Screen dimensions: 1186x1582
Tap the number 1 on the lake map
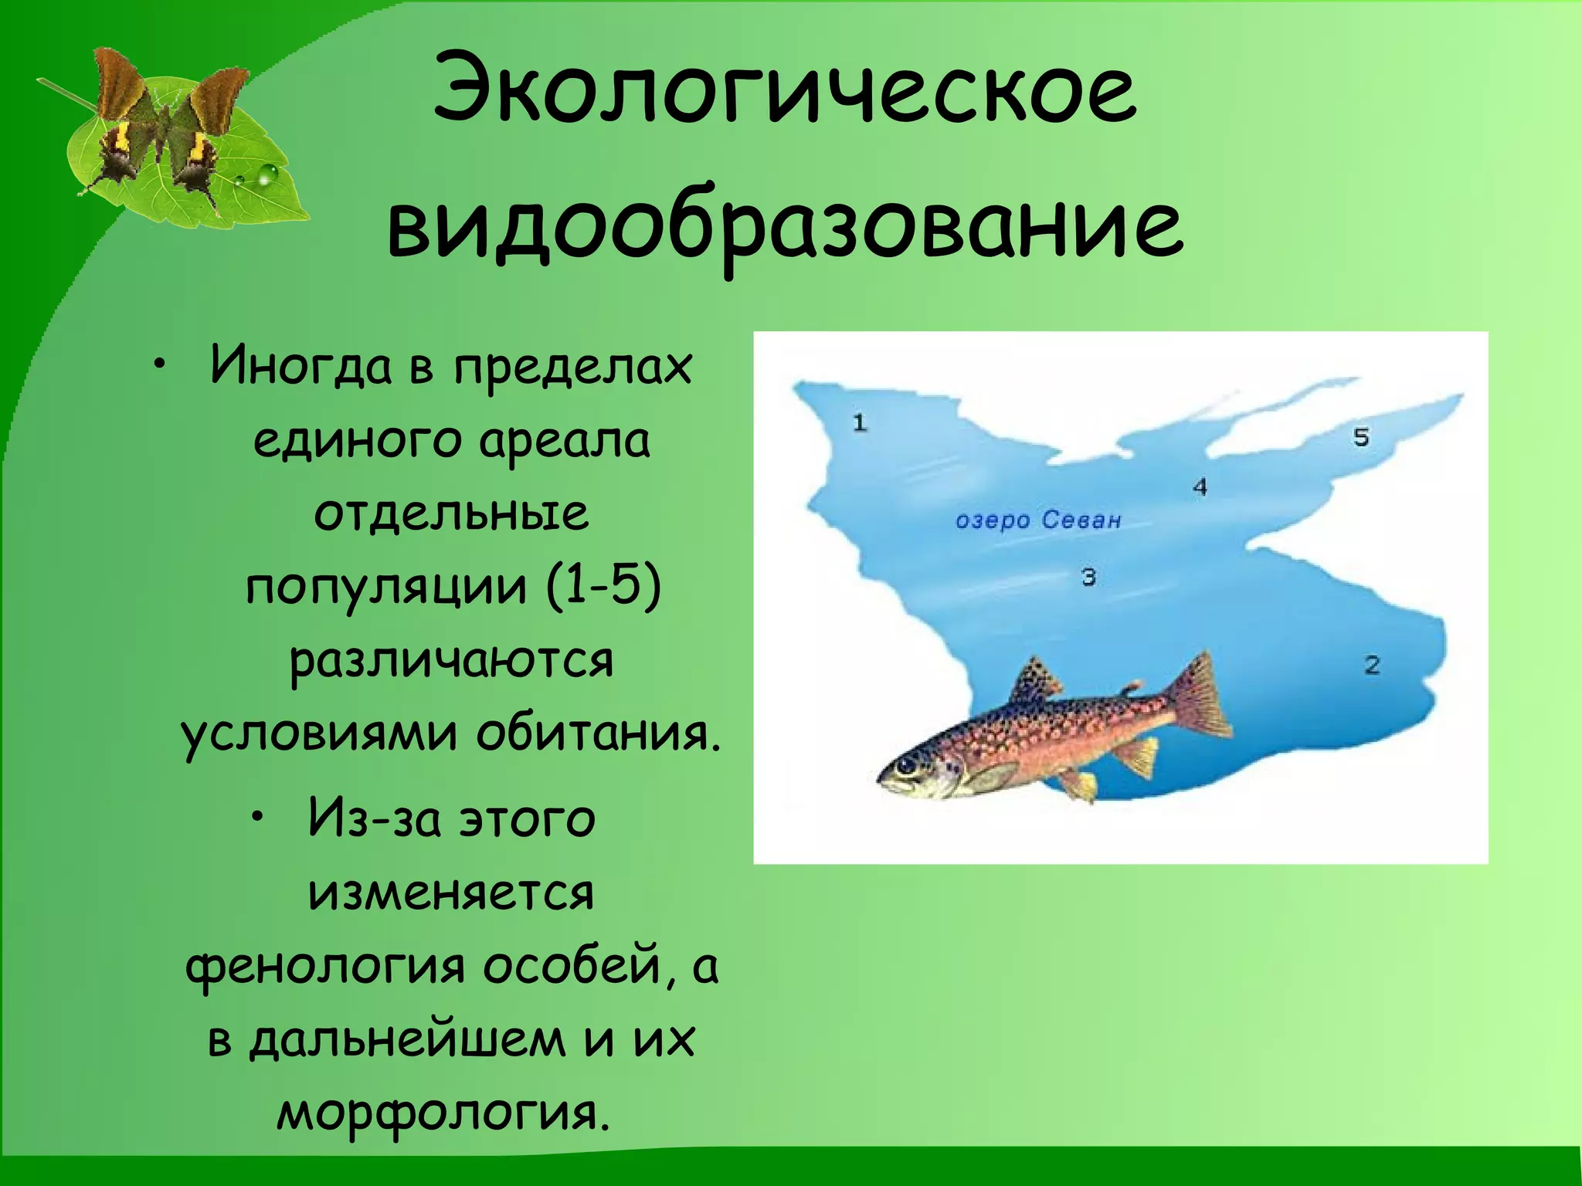(860, 422)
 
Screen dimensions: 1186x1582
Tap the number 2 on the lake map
(1372, 665)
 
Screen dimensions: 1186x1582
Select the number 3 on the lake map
(1088, 577)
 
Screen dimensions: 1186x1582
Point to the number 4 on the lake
(1200, 487)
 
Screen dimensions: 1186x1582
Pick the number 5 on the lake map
(1361, 437)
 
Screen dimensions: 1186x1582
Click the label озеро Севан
(1037, 520)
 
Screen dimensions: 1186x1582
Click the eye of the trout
(905, 765)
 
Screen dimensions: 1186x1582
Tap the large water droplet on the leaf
(266, 176)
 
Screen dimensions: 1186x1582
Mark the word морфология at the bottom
(438, 1113)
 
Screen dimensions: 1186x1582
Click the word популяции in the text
(386, 586)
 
